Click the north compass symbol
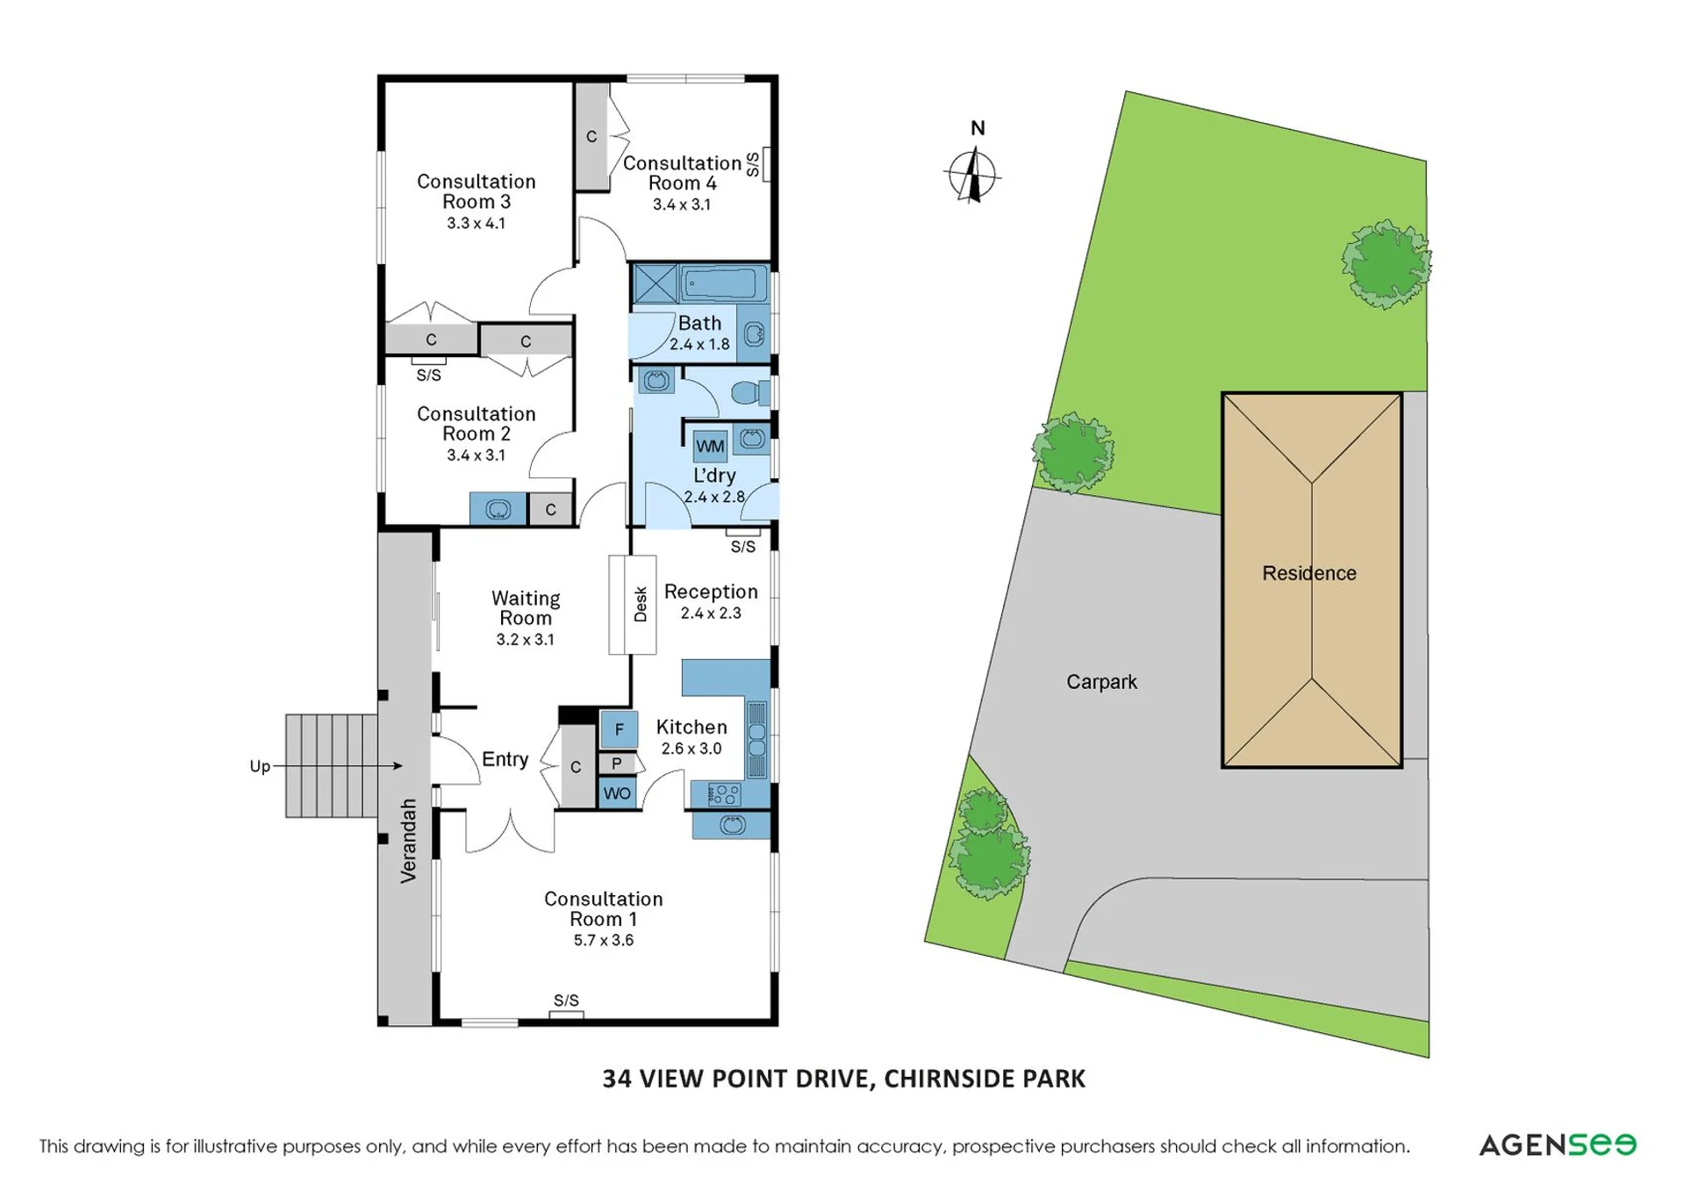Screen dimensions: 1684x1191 tap(972, 176)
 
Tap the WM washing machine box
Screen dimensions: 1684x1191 tap(710, 446)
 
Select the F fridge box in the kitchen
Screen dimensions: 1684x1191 tap(619, 728)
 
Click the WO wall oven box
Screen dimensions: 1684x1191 tap(617, 793)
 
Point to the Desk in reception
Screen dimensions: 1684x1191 tap(632, 605)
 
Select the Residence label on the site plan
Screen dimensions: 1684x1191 tap(1308, 573)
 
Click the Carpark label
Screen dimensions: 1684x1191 tap(1101, 682)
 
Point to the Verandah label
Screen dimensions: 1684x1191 tap(408, 840)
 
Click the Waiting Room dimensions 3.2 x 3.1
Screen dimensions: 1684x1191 tap(525, 640)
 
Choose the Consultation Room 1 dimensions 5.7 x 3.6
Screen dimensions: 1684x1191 tap(604, 940)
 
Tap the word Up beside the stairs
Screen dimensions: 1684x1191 tap(260, 767)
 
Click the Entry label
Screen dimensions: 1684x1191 tap(505, 759)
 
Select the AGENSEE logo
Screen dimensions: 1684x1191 tap(1558, 1144)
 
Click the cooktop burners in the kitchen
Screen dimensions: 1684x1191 tap(723, 794)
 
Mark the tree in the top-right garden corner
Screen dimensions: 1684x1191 tap(1386, 263)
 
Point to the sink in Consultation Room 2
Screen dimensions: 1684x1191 tap(498, 509)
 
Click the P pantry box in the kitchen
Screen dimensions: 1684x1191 tap(617, 764)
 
